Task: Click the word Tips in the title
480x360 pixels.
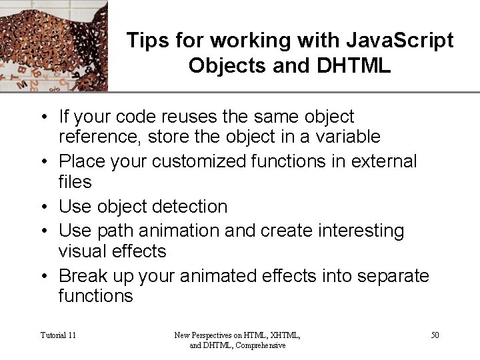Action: [x=145, y=41]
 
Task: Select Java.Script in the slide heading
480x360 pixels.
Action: [x=398, y=41]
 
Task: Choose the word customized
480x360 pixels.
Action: [x=192, y=161]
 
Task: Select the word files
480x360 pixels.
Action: [x=75, y=182]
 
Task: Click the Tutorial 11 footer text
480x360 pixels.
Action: [x=58, y=335]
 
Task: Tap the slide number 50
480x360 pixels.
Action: [x=435, y=335]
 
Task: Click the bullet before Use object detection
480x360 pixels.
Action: [x=43, y=207]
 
